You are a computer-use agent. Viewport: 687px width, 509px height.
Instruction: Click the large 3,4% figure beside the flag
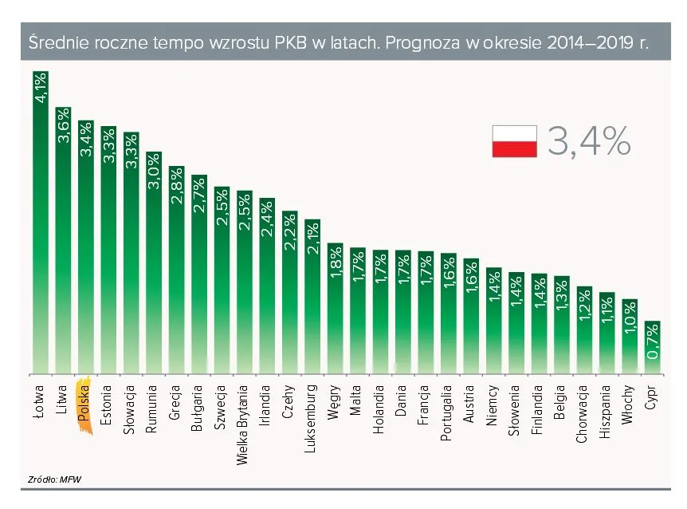click(589, 141)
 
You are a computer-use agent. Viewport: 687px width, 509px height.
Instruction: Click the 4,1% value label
click(41, 87)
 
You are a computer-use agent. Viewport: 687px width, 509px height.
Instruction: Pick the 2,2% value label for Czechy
click(290, 232)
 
